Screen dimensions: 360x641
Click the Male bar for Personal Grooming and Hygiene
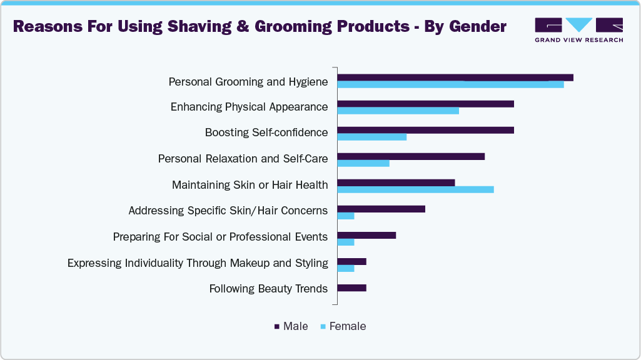click(x=455, y=77)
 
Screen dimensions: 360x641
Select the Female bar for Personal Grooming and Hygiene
click(x=450, y=84)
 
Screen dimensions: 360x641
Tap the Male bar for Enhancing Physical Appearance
click(x=425, y=104)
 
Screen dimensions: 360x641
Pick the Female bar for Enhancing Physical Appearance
click(x=398, y=111)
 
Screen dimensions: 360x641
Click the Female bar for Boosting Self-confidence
click(x=371, y=137)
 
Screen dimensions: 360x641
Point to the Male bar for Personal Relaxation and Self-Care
click(x=411, y=156)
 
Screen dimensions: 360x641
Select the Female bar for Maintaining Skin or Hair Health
click(x=415, y=189)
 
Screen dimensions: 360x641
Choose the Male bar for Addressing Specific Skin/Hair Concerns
click(x=381, y=209)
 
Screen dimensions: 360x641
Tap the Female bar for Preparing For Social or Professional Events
click(x=346, y=242)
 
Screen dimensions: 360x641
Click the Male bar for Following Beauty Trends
click(x=351, y=288)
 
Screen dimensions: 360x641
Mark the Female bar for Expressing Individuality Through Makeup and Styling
click(x=346, y=268)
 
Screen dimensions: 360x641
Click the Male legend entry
click(x=291, y=326)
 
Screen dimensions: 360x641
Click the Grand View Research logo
click(x=578, y=29)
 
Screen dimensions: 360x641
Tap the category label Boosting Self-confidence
click(x=266, y=132)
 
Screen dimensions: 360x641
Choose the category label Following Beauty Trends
click(x=268, y=288)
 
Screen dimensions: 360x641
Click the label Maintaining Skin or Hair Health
click(x=250, y=185)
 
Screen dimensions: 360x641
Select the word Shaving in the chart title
click(x=188, y=27)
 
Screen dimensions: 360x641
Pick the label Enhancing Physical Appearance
click(x=249, y=107)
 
